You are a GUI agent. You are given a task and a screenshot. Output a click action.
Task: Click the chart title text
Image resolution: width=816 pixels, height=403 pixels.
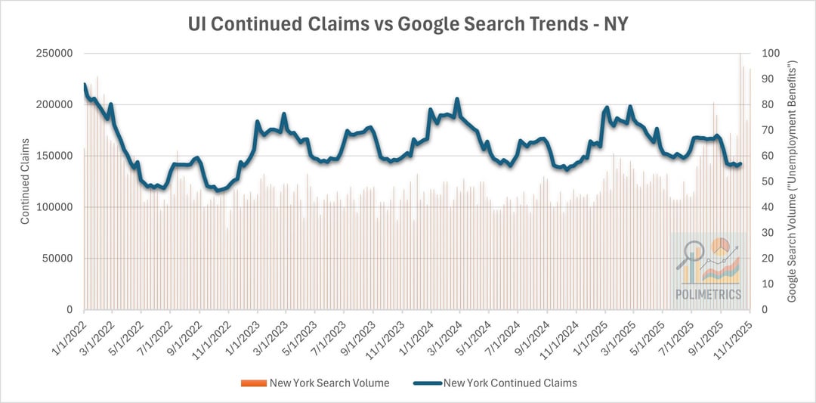pyautogui.click(x=407, y=24)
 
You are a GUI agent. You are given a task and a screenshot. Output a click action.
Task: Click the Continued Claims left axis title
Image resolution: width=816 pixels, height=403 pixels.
pyautogui.click(x=25, y=181)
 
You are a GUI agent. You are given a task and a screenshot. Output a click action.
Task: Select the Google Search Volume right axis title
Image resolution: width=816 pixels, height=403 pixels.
pyautogui.click(x=793, y=181)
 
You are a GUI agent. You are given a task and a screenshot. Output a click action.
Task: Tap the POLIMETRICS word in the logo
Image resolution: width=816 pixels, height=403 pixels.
pyautogui.click(x=709, y=294)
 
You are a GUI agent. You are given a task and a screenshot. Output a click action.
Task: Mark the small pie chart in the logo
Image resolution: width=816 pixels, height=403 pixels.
pyautogui.click(x=719, y=246)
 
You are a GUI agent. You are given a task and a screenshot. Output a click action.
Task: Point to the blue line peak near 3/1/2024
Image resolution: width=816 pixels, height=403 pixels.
pyautogui.click(x=457, y=99)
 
